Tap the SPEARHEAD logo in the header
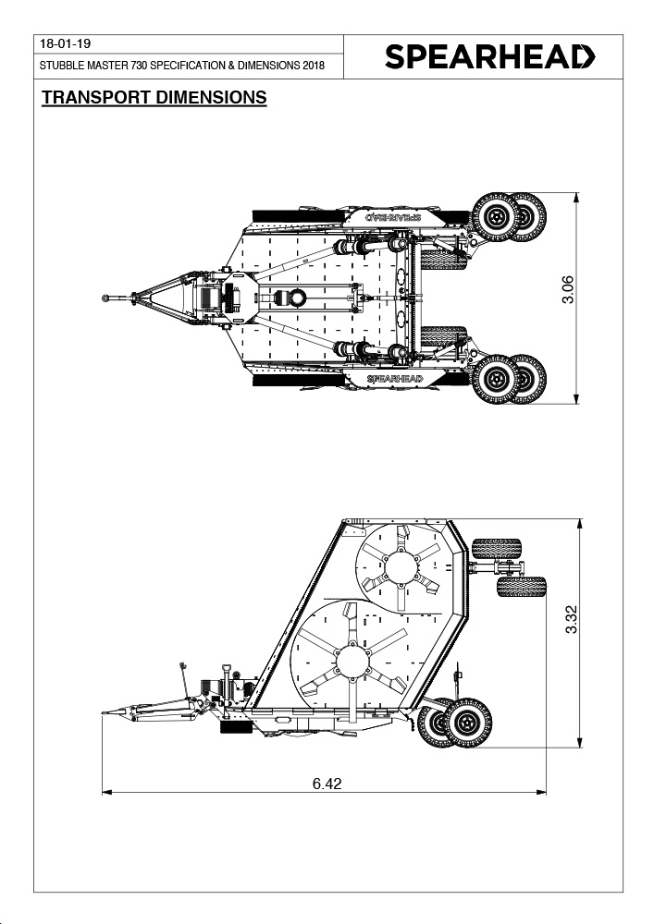tap(490, 57)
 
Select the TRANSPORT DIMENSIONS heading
tap(154, 98)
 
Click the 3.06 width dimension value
tap(567, 289)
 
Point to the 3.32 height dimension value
tap(571, 620)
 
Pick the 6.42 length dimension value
tap(327, 784)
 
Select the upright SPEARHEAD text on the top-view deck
tap(394, 378)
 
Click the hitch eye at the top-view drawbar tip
tap(105, 298)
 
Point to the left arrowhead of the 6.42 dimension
tap(106, 793)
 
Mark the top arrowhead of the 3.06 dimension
tap(576, 198)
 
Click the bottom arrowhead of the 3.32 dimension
tap(580, 743)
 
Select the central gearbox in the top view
tap(292, 298)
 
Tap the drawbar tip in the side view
tap(104, 713)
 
